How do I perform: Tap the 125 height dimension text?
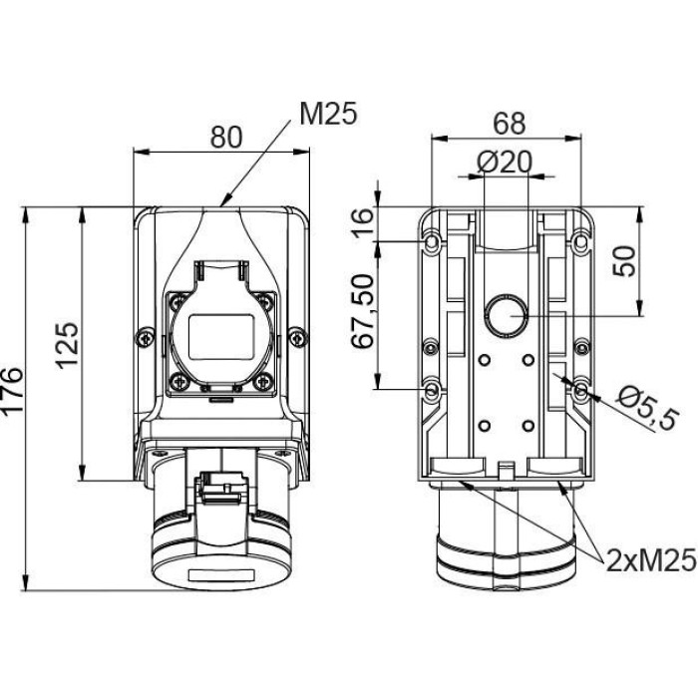(67, 345)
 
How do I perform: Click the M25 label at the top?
(327, 116)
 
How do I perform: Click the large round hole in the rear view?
(506, 316)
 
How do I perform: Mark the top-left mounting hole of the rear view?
(431, 242)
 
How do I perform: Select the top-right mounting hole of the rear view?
(581, 242)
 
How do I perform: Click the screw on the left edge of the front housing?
(148, 338)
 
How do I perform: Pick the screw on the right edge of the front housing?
(295, 338)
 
